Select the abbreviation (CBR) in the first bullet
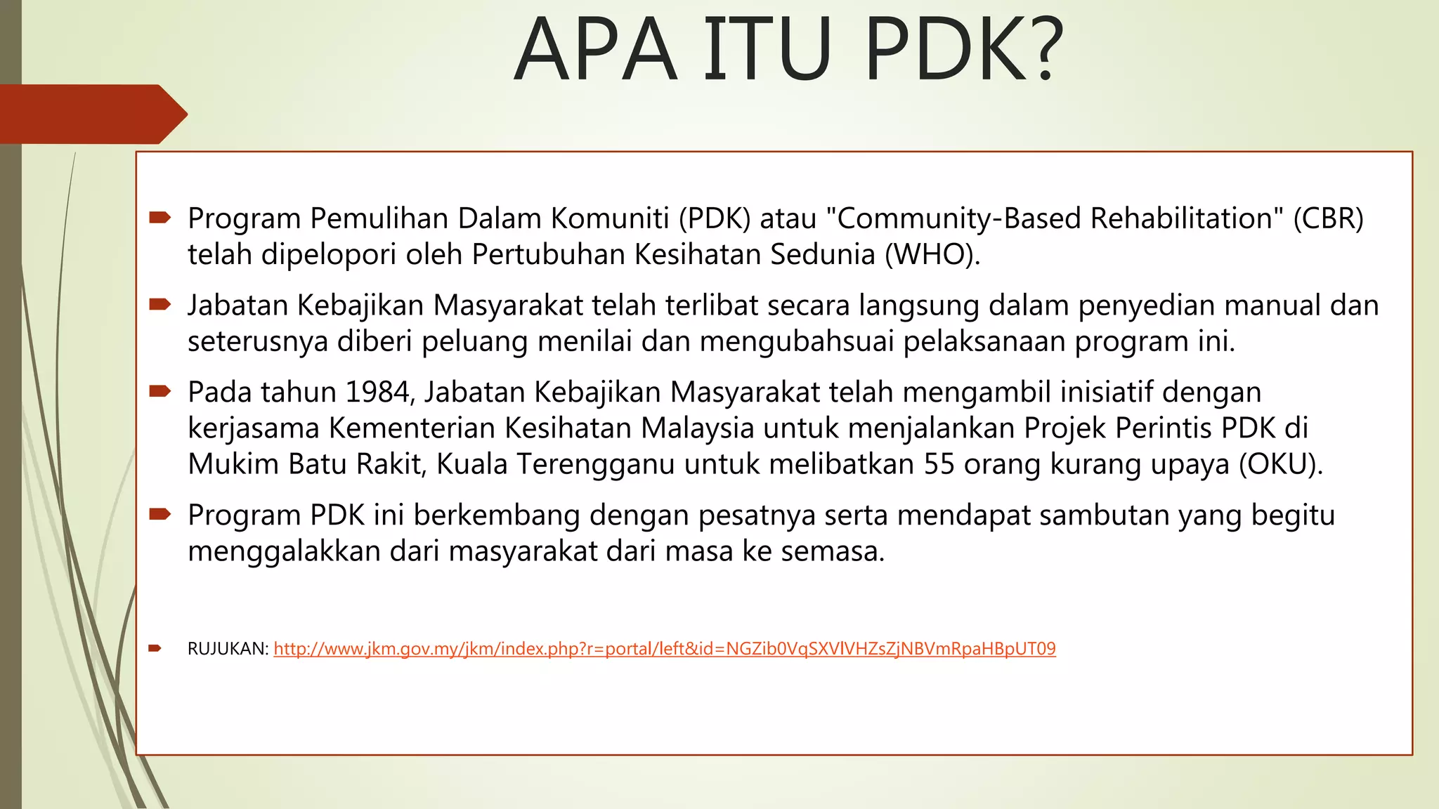pyautogui.click(x=1328, y=218)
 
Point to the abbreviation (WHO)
pyautogui.click(x=932, y=254)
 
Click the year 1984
pyautogui.click(x=377, y=392)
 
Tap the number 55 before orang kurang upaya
pyautogui.click(x=939, y=464)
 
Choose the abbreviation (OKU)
pyautogui.click(x=1280, y=464)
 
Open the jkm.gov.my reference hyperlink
pyautogui.click(x=664, y=648)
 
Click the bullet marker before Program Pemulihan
pyautogui.click(x=159, y=218)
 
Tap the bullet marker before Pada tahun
pyautogui.click(x=159, y=391)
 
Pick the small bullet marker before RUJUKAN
pyautogui.click(x=155, y=648)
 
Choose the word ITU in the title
pyautogui.click(x=767, y=49)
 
